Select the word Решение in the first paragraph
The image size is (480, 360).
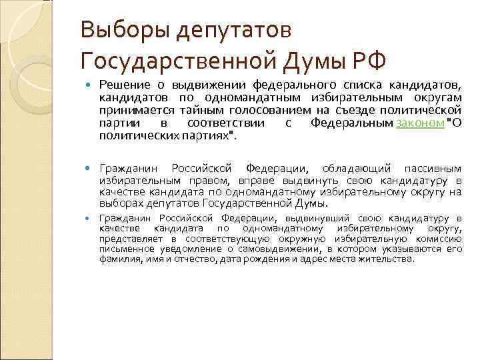tap(125, 86)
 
